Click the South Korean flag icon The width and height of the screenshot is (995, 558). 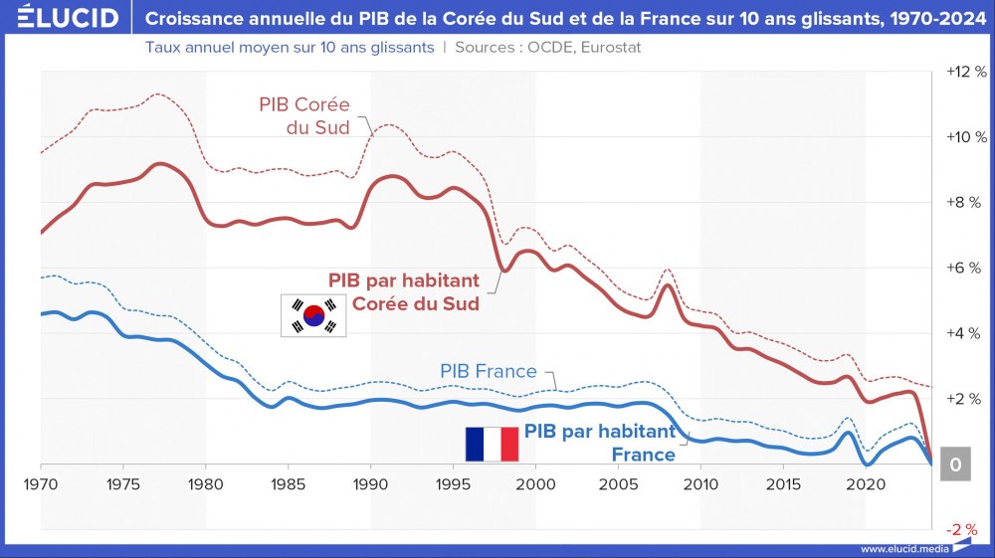(x=312, y=315)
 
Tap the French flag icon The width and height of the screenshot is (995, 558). (x=492, y=443)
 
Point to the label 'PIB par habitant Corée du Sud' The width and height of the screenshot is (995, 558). (x=404, y=291)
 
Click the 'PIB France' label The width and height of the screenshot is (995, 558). (x=488, y=372)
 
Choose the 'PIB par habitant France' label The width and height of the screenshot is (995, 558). (x=600, y=443)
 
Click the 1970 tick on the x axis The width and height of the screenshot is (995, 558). (x=41, y=483)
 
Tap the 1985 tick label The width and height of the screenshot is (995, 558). (x=289, y=483)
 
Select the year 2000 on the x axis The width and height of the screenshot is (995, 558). (x=535, y=483)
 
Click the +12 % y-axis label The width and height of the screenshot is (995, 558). (x=965, y=73)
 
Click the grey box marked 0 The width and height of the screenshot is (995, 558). (x=954, y=465)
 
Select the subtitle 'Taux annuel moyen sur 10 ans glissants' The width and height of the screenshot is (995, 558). (x=290, y=48)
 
